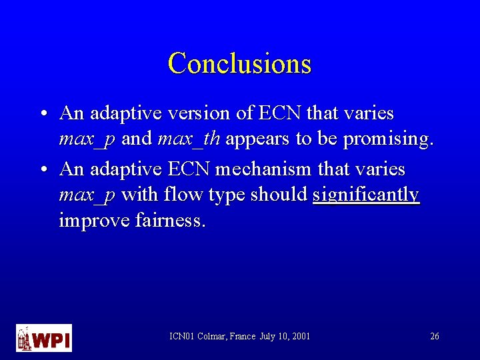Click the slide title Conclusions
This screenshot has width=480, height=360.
tap(239, 63)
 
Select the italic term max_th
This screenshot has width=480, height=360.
tap(190, 139)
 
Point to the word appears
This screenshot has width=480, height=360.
tap(256, 140)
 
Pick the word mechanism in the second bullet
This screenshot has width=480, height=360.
tap(262, 169)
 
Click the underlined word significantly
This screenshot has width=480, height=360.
tap(366, 195)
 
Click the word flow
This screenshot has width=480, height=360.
tap(178, 195)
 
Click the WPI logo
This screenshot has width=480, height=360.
tap(43, 338)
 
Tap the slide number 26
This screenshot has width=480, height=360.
tap(434, 337)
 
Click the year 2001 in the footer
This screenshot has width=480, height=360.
tap(300, 337)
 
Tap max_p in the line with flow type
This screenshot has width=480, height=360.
tap(87, 195)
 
